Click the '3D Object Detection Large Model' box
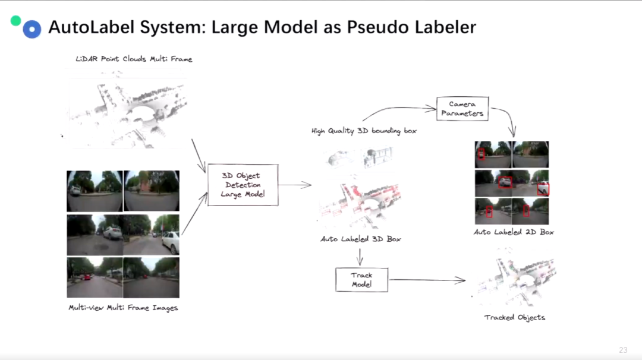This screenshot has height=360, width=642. pyautogui.click(x=242, y=185)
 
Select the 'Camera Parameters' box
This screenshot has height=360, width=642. pyautogui.click(x=462, y=109)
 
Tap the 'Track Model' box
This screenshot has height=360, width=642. pyautogui.click(x=361, y=279)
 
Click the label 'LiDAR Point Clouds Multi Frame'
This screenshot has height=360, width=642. pyautogui.click(x=134, y=59)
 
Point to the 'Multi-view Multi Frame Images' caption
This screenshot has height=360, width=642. pyautogui.click(x=123, y=308)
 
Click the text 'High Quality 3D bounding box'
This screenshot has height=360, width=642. pyautogui.click(x=364, y=131)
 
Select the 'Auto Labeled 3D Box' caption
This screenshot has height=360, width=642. pyautogui.click(x=361, y=239)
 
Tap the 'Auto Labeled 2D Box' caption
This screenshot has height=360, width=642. pyautogui.click(x=514, y=232)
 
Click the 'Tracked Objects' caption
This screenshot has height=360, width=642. pyautogui.click(x=514, y=317)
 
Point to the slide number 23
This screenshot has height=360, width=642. pyautogui.click(x=623, y=350)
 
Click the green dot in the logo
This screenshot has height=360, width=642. pyautogui.click(x=16, y=21)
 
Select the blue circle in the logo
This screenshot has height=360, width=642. pyautogui.click(x=32, y=29)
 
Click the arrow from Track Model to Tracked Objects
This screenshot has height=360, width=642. pyautogui.click(x=427, y=280)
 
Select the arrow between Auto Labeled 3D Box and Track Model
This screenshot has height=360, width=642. pyautogui.click(x=360, y=257)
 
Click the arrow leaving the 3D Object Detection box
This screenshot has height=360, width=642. pyautogui.click(x=295, y=185)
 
